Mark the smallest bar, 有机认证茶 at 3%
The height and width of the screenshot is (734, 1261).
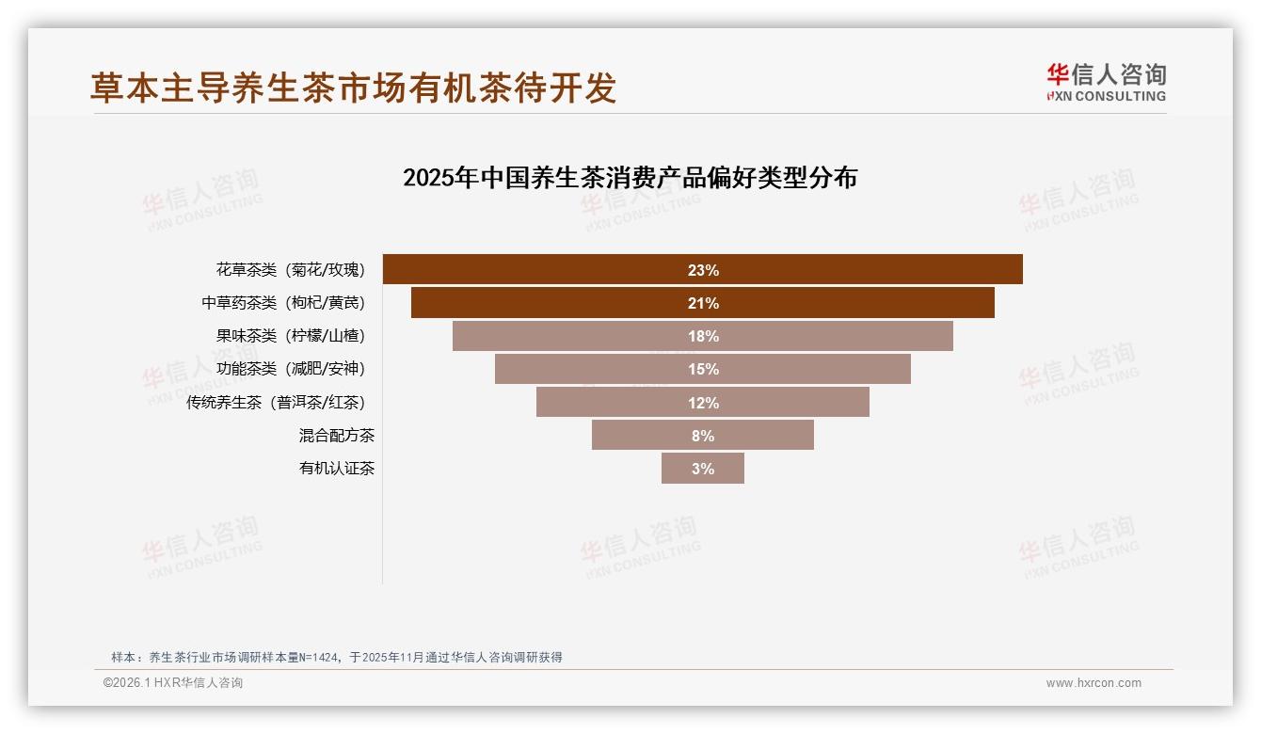click(703, 469)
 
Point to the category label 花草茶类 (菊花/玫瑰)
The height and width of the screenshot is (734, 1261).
click(290, 270)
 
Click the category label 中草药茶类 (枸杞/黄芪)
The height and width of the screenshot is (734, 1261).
click(282, 303)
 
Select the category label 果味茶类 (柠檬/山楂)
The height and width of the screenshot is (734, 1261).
click(290, 336)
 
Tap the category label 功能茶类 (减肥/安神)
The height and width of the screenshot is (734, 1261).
click(290, 369)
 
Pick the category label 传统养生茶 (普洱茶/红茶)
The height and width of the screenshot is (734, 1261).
click(275, 402)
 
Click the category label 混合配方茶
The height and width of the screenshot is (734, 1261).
click(336, 435)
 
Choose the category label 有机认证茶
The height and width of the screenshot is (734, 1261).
click(336, 469)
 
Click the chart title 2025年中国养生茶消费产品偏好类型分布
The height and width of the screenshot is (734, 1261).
click(630, 178)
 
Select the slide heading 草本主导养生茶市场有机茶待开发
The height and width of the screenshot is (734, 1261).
click(353, 87)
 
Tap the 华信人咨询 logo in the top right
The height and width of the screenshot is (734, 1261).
click(1106, 83)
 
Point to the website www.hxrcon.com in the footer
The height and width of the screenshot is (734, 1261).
click(1093, 683)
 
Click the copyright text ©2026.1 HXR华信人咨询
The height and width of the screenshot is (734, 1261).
click(173, 683)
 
